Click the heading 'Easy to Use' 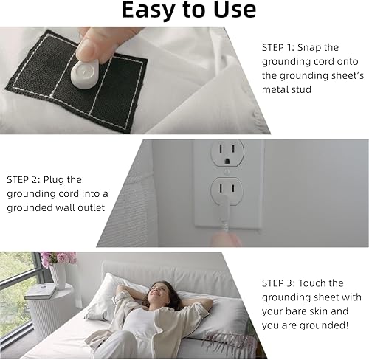[188, 10]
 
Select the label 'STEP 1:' [277, 47]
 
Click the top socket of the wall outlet [227, 153]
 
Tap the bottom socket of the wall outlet [227, 191]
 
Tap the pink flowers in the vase [58, 257]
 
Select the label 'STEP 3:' [277, 283]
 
